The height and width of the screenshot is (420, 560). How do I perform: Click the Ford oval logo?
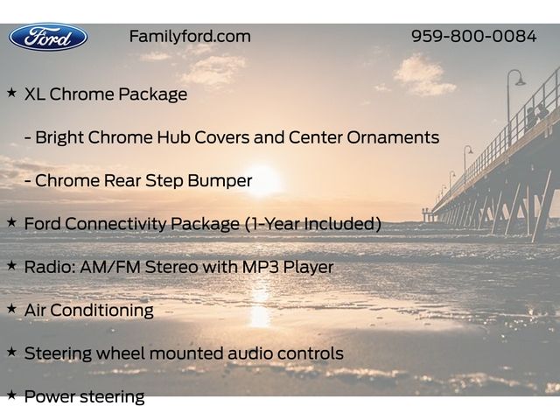pyautogui.click(x=48, y=37)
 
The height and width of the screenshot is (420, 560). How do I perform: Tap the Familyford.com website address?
pyautogui.click(x=190, y=37)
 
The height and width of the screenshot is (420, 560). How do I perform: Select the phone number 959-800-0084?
pyautogui.click(x=473, y=36)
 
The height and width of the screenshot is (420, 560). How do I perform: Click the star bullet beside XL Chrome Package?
pyautogui.click(x=11, y=93)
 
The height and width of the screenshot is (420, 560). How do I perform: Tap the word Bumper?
pyautogui.click(x=220, y=181)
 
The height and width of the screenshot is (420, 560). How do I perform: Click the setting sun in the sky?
pyautogui.click(x=262, y=179)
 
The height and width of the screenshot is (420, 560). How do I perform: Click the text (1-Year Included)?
pyautogui.click(x=313, y=224)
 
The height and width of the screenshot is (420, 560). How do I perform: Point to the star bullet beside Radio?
pyautogui.click(x=11, y=266)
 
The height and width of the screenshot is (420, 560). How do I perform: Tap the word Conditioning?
pyautogui.click(x=101, y=311)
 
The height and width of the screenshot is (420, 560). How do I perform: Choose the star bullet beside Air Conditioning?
pyautogui.click(x=11, y=309)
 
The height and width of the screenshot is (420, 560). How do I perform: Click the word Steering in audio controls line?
pyautogui.click(x=58, y=353)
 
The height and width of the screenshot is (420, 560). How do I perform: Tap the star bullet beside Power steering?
pyautogui.click(x=11, y=395)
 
